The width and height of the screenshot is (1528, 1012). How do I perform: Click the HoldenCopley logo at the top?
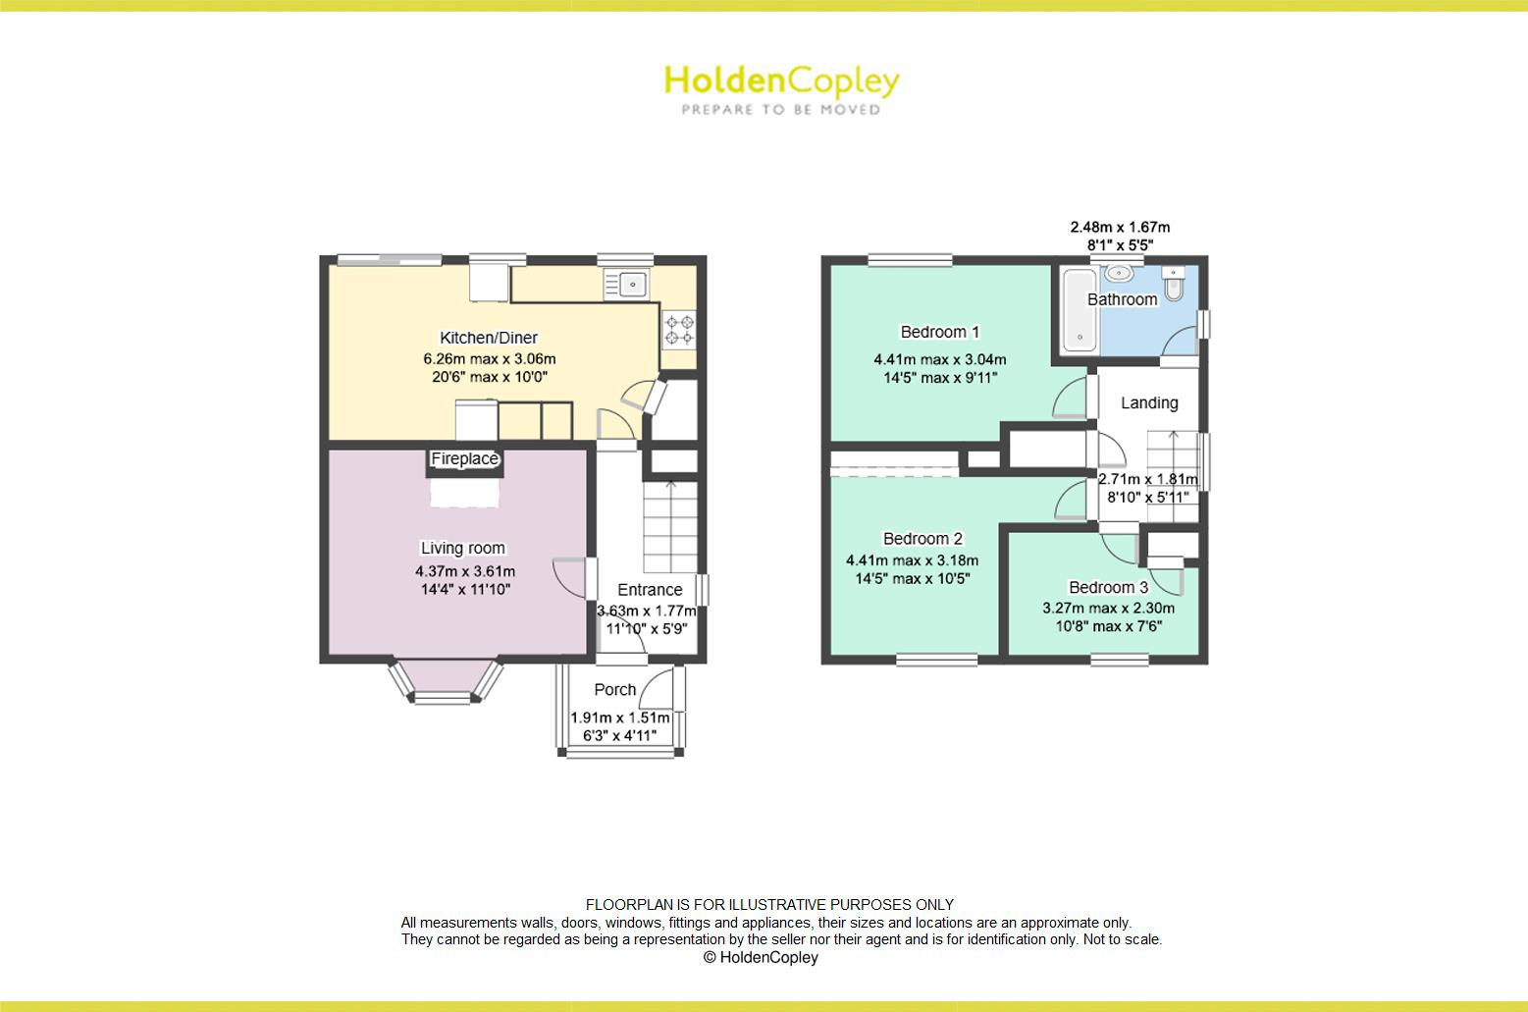coord(782,89)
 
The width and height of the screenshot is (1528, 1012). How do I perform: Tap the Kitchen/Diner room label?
coord(489,338)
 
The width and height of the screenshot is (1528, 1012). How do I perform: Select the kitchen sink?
coord(626,284)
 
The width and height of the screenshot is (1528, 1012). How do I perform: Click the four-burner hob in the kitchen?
coord(679,329)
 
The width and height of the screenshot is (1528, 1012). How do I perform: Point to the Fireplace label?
coord(464,458)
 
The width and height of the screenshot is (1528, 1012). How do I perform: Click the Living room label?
coord(462,548)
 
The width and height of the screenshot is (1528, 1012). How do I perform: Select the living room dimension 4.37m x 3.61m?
coord(465,571)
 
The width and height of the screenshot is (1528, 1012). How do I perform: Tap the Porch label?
coord(614,689)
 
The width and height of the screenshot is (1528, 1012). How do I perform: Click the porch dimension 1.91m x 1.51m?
coord(620,718)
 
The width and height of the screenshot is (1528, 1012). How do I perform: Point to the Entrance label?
coord(650,590)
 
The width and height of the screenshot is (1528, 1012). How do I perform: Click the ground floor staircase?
coord(670,526)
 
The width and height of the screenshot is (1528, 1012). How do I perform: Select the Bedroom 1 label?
coord(939,333)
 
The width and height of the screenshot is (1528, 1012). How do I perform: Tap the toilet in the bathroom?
coord(1174,284)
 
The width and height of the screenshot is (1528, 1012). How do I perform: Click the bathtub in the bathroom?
coord(1080,310)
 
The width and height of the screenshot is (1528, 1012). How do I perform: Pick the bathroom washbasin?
coord(1119,273)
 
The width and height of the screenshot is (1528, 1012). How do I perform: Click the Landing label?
coord(1149,403)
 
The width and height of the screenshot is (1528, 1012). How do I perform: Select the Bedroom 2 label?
coord(922,539)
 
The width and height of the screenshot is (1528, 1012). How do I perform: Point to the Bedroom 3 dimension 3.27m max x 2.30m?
coord(1109,608)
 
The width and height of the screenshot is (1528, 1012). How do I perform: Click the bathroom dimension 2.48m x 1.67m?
coord(1120,228)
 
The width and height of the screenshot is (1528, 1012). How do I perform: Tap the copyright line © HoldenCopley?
coord(761,957)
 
